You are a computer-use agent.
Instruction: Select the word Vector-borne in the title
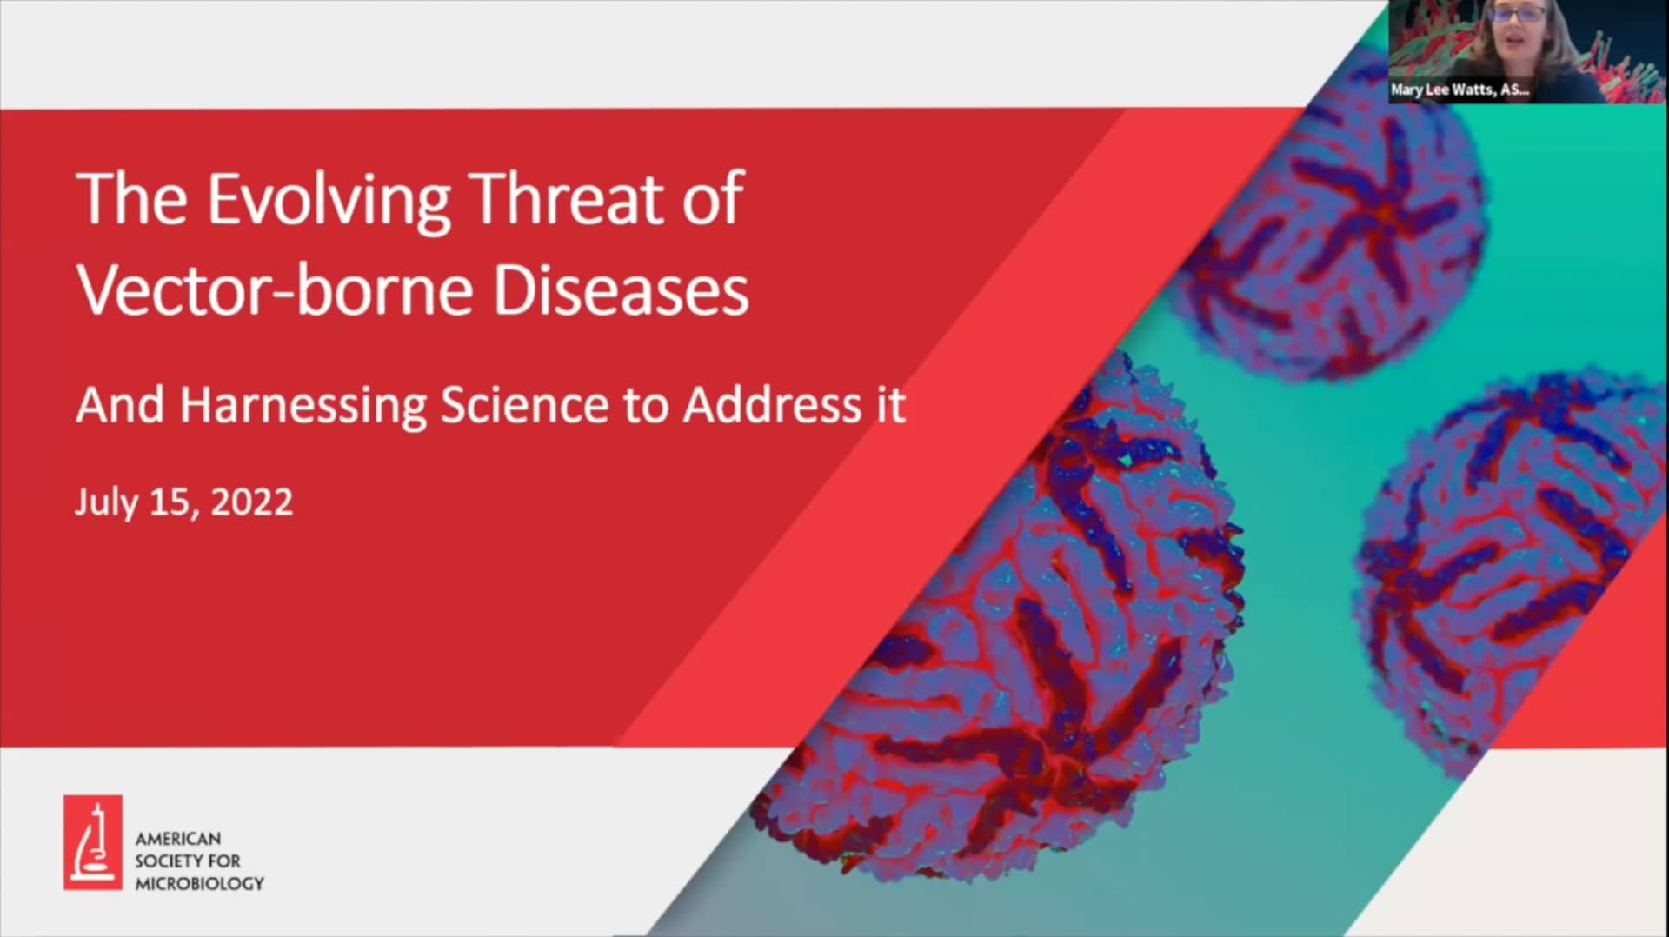point(276,289)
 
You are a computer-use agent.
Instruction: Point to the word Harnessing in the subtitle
point(303,406)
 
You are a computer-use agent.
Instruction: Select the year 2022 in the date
point(251,502)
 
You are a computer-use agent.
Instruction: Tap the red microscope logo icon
point(93,842)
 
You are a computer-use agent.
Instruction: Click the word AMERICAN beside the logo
point(178,839)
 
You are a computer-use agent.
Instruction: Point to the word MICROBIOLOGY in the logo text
point(199,883)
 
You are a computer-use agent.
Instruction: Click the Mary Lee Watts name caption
point(1460,90)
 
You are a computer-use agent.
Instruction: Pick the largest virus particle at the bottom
point(1000,626)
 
